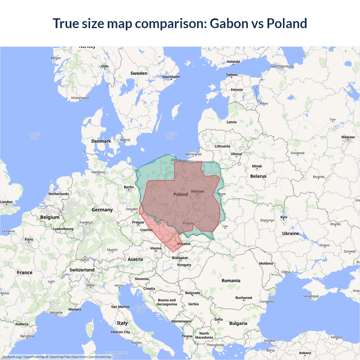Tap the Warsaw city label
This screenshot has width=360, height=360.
coord(197,191)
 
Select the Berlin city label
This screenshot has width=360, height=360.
coord(129,187)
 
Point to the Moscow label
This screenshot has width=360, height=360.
coord(348,137)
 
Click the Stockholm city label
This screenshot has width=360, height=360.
coord(171,77)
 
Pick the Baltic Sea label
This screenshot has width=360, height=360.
coord(170,136)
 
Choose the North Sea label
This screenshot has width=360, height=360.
coord(35,136)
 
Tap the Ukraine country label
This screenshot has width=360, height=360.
coord(291,233)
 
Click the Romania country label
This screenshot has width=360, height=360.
coord(231,280)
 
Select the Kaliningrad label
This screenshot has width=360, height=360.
coord(193,154)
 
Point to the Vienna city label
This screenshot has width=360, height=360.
coord(156,248)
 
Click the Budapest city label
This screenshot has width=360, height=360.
coord(180,258)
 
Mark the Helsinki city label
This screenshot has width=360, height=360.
coord(233,62)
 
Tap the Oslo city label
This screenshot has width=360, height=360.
coord(105,66)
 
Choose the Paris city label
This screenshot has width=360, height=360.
coord(29,239)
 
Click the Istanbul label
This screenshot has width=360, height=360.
coord(269,341)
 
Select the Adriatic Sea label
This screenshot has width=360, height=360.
coord(140,310)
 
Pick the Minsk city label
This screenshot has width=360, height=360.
coord(257,166)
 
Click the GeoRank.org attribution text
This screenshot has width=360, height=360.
coord(11,357)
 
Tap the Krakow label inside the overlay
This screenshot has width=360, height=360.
coord(188,223)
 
